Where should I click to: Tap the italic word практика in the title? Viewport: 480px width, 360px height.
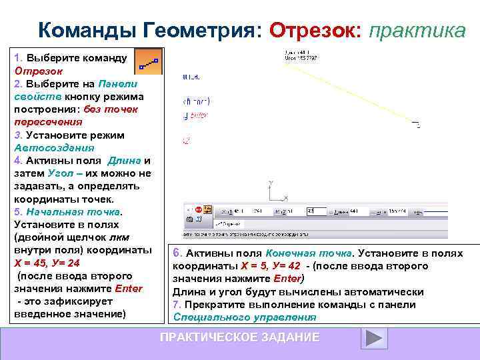[x=417, y=30]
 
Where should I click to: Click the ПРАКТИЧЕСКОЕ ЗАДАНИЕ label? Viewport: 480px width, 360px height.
[x=240, y=337]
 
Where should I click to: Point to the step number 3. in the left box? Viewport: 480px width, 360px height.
[x=18, y=135]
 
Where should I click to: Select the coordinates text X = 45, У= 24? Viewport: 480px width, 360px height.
[x=47, y=263]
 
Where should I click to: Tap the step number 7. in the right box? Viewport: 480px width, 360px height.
[x=177, y=305]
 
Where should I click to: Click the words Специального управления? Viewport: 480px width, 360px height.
[x=245, y=317]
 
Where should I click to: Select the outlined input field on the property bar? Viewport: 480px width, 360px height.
[x=316, y=211]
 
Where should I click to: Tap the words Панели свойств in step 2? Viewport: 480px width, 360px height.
[x=73, y=90]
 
